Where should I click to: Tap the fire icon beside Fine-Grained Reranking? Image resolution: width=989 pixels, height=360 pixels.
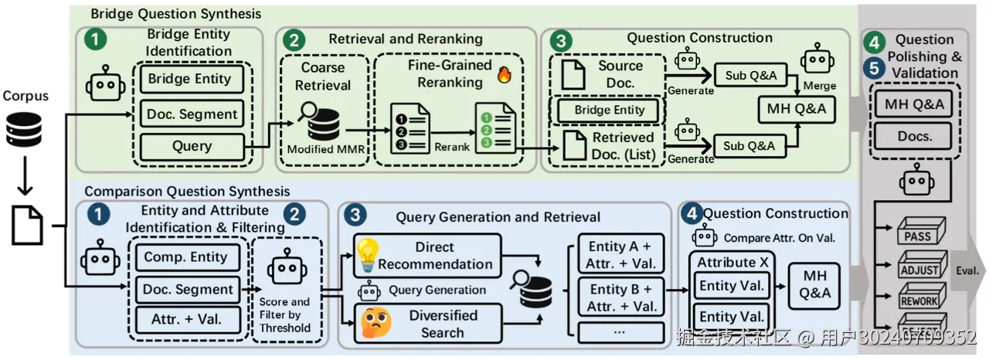(x=504, y=76)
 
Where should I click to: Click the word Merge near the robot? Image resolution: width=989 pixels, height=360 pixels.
(x=819, y=87)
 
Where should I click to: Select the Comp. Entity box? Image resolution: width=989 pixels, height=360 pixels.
(x=185, y=257)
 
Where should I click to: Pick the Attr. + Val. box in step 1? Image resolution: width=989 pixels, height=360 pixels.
(x=185, y=318)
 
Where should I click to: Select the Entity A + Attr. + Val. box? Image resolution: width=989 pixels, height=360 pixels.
(x=620, y=255)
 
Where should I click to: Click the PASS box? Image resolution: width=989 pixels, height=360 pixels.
(x=918, y=232)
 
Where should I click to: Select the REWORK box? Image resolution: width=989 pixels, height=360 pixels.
(x=918, y=298)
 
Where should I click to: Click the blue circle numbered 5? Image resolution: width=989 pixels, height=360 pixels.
(x=874, y=68)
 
